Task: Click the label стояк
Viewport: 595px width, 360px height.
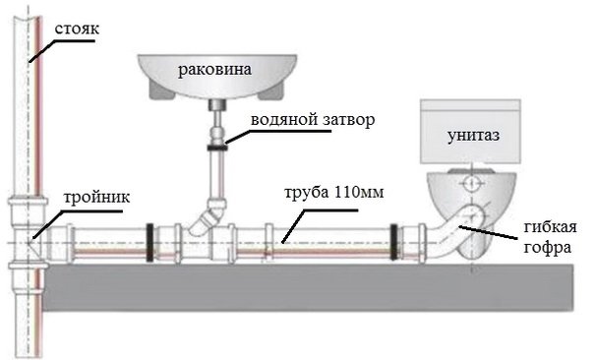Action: coord(77,30)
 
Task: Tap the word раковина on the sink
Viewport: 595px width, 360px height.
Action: coord(214,70)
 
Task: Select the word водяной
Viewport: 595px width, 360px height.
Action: coord(284,120)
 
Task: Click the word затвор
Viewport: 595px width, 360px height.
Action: coord(349,120)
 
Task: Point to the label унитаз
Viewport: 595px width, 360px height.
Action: coord(473,136)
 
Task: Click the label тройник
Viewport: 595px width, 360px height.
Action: coord(96,198)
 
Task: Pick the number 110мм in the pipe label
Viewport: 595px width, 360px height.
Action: coord(359,192)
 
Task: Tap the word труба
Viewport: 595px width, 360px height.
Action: coord(307,193)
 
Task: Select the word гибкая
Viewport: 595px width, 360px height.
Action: coord(550,227)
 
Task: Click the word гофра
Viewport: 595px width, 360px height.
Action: coord(547,247)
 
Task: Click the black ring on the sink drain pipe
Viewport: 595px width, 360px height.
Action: coord(217,148)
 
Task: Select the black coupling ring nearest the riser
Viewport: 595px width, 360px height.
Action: coord(149,242)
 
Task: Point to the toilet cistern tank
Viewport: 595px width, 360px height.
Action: coord(470,131)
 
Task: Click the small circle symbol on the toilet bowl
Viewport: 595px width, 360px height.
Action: coord(471,184)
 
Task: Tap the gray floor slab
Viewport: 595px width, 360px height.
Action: coord(308,287)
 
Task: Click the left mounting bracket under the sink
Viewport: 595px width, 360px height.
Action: coord(160,91)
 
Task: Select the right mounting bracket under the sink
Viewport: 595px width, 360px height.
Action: coord(271,92)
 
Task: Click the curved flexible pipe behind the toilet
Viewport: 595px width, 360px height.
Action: coord(455,230)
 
